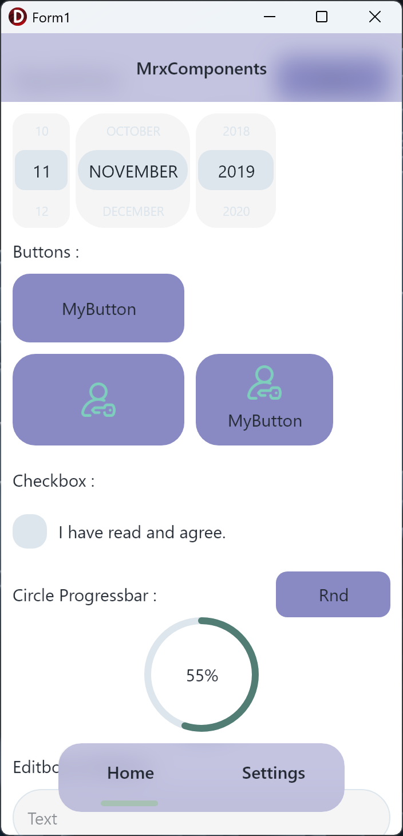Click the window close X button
coord(375,17)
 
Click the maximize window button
coord(322,17)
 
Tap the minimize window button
coord(270,17)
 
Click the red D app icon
coord(18,17)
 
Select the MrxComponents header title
coord(201,69)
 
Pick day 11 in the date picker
coord(41,171)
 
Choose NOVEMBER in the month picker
coord(133,171)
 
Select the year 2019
coord(236,171)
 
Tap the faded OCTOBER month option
coord(133,131)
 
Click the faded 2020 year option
coord(236,211)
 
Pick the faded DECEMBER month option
coord(133,211)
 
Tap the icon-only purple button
coord(98,399)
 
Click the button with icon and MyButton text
coord(264,399)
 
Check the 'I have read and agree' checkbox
coord(30,531)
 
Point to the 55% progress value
coord(202,676)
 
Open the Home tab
coord(131,773)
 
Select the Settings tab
coord(274,773)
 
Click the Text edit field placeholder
coord(42,819)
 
